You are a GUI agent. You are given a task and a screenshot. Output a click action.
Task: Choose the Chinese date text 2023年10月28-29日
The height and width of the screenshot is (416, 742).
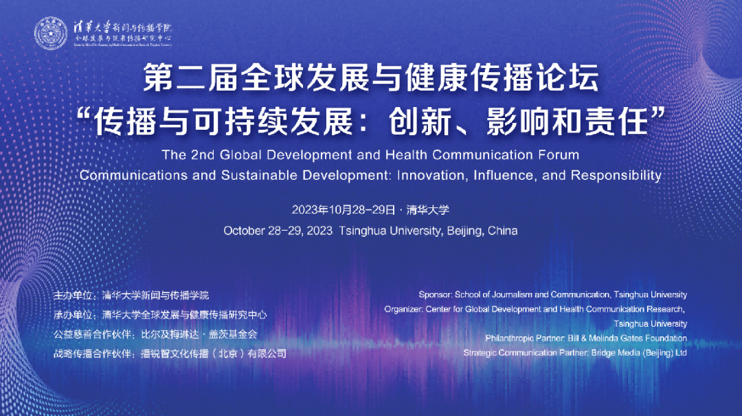344,209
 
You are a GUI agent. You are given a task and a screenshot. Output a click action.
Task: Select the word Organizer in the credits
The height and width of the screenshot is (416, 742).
404,309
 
